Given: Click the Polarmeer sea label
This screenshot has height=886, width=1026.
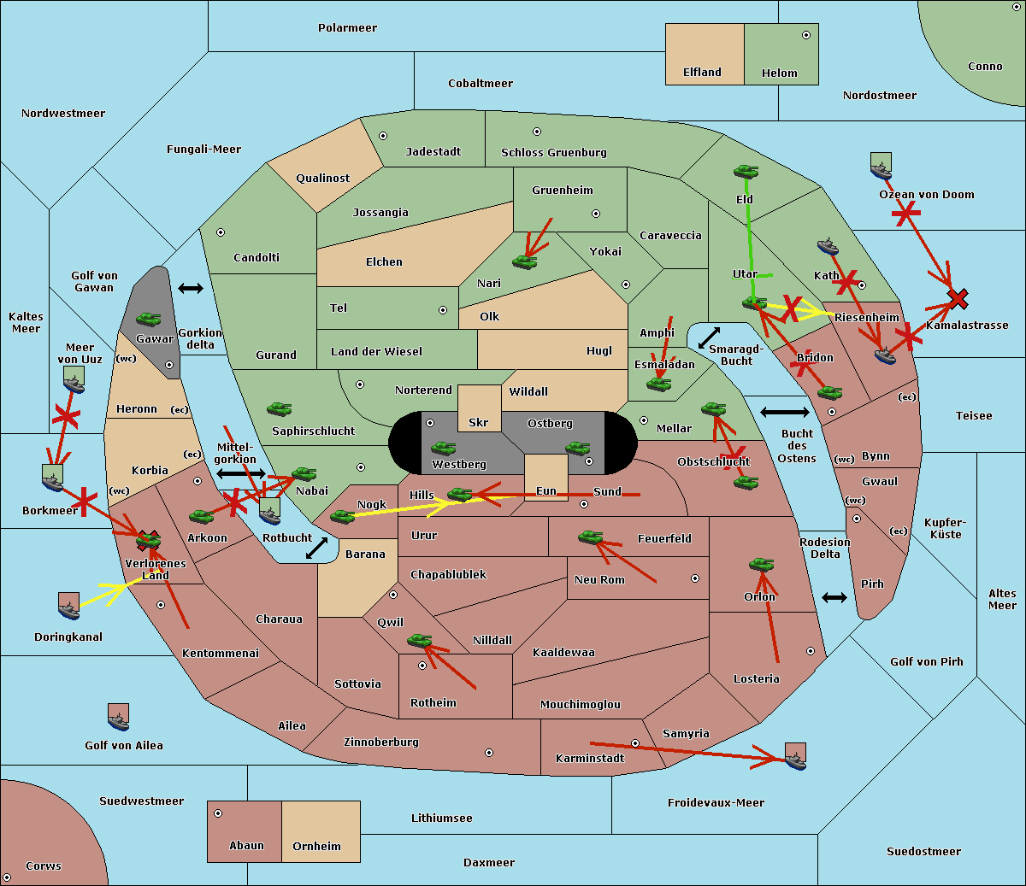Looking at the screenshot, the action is coord(347,28).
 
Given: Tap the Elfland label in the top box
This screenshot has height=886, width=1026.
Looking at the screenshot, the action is coord(702,73).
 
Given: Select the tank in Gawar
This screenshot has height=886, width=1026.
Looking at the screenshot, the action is coord(149,319).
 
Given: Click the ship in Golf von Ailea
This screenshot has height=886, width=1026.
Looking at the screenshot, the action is coord(118,717).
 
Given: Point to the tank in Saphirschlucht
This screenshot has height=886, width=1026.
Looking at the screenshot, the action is coord(279,408).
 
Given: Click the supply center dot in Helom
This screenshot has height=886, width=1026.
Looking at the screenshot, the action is coord(806,35).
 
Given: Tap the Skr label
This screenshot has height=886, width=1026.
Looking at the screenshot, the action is coord(478,422).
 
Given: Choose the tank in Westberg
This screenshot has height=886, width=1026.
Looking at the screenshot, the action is coord(443,448).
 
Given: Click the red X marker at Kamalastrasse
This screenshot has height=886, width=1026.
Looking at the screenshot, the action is coord(958,299).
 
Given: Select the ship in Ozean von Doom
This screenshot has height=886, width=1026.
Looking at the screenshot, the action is coord(881,166).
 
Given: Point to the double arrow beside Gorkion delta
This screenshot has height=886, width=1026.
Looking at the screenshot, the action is coord(191,288).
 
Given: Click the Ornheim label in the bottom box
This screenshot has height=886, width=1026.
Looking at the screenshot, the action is coord(316,847).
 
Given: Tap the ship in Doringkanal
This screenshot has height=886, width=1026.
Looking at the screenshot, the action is coord(68,606).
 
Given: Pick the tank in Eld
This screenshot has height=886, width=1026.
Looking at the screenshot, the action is coord(746,172).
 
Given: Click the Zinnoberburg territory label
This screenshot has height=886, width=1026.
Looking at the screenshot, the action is coord(381,742).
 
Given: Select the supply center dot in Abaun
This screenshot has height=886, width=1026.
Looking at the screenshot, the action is coord(218,813).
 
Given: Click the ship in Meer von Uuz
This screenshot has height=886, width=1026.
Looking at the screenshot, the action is coord(74,379).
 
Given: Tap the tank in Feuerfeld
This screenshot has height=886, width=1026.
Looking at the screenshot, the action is coord(591,537).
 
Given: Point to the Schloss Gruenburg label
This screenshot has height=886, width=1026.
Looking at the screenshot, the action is coord(554,152).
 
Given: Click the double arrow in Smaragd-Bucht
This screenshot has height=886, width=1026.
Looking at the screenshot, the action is coord(709,337).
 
